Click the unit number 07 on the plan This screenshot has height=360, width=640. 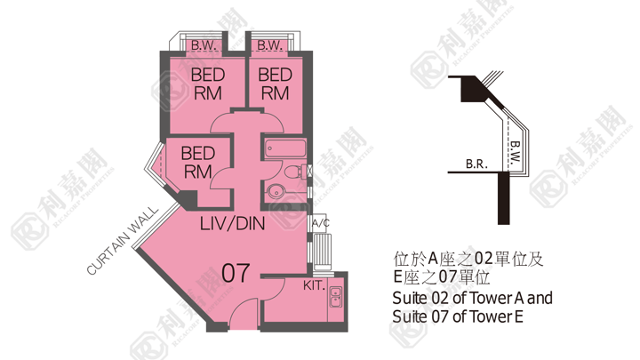236,273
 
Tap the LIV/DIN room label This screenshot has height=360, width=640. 232,224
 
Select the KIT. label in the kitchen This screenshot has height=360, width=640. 314,285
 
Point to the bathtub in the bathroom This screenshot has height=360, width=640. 285,148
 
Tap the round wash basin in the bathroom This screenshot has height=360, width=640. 277,190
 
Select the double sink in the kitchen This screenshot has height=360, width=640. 335,297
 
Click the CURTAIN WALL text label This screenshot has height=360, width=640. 122,241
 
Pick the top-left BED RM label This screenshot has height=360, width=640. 208,84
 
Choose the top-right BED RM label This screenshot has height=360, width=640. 275,84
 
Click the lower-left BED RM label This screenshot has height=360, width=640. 197,163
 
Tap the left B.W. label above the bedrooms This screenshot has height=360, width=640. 204,45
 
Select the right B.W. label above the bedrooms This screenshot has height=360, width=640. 270,45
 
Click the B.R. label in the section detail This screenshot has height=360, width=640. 476,164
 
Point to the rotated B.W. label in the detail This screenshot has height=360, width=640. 515,152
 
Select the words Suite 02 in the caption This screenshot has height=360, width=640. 420,299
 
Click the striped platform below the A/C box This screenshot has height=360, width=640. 323,251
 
